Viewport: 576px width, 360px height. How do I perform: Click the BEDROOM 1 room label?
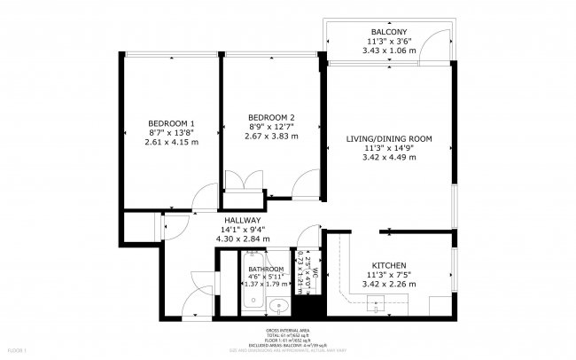[x=172, y=123]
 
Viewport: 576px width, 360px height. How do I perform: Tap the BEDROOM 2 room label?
[x=271, y=118]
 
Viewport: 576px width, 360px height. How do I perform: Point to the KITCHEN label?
[x=389, y=265]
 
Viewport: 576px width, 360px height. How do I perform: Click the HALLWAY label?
[x=242, y=221]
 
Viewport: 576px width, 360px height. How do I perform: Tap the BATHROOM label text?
[x=266, y=269]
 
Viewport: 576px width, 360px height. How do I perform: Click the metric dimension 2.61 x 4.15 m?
[x=172, y=142]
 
